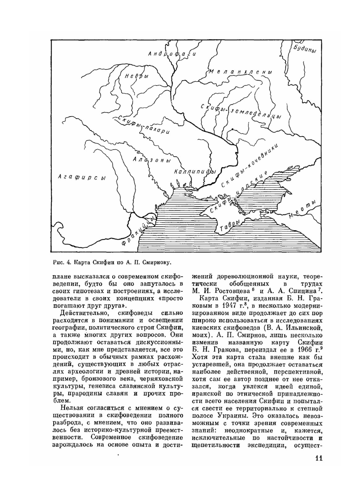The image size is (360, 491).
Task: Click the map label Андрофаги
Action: pyautogui.click(x=172, y=54)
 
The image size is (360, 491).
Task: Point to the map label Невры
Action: pyautogui.click(x=136, y=76)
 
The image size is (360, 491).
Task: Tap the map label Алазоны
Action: pyautogui.click(x=149, y=160)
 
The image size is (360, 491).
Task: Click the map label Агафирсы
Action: pyautogui.click(x=82, y=177)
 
